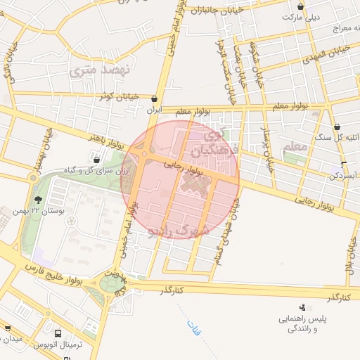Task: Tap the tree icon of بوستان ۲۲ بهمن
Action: click(37, 200)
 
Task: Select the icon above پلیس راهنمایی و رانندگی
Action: click(302, 307)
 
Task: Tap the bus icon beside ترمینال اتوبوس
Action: click(57, 334)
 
